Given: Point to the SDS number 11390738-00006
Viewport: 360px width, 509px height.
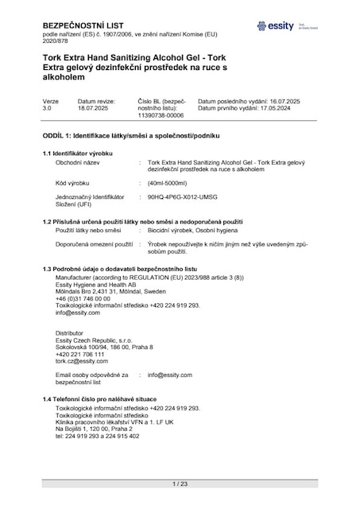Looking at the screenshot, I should click(161, 116).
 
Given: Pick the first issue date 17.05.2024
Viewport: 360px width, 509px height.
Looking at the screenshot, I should click(283, 110).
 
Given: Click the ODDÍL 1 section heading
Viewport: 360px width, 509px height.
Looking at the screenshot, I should click(132, 135).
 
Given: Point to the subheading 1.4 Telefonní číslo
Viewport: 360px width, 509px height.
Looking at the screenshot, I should click(99, 398).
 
